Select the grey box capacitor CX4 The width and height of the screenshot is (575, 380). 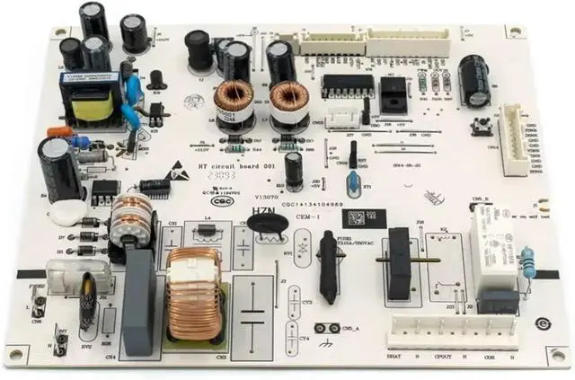(x=139, y=302)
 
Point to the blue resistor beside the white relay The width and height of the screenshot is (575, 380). (x=528, y=263)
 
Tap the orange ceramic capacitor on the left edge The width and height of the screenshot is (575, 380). (x=59, y=132)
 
